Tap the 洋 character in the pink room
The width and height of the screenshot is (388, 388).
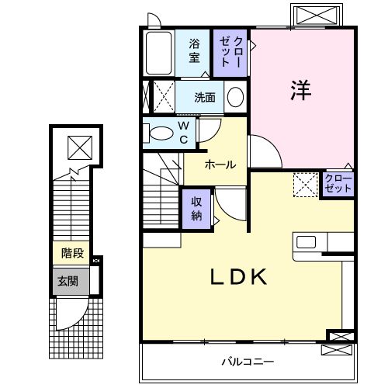301,90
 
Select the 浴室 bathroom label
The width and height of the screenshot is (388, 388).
195,50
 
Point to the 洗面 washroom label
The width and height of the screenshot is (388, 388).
206,98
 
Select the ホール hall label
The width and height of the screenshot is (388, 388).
221,165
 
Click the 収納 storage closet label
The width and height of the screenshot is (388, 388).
198,207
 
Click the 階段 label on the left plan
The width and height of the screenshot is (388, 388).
74,252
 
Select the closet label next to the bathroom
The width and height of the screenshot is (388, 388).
231,51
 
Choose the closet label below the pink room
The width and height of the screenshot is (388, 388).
338,185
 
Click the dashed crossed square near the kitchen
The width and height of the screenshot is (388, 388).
305,184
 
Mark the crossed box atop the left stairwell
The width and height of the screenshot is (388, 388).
78,145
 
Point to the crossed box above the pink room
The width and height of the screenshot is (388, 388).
317,16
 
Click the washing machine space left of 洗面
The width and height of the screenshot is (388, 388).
159,97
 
